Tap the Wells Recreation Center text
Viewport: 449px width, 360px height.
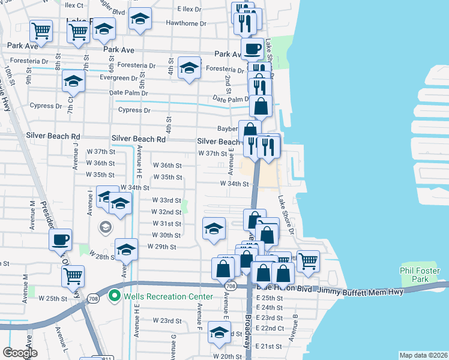169,296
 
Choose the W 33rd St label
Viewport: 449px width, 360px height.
166,200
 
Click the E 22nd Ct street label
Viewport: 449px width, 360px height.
270,328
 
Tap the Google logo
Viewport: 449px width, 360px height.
20,353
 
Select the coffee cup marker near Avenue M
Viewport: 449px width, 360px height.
60,239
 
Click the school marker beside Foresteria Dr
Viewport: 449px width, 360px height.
189,68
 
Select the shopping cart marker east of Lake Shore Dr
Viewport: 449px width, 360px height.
308,260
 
